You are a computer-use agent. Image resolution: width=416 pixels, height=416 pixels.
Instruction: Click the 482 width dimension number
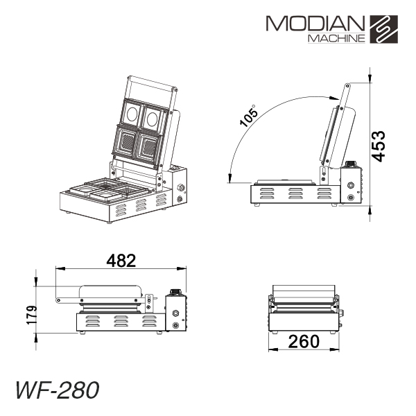tap(121, 261)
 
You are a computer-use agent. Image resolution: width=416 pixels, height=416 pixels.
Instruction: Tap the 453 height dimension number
tap(378, 146)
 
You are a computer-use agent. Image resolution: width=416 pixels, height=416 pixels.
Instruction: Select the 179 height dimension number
tap(32, 315)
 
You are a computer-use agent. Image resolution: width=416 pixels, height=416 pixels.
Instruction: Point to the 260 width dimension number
tap(304, 341)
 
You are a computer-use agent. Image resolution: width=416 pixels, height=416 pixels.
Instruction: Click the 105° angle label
tap(249, 116)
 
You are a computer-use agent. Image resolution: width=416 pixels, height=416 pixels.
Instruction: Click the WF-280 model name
tap(58, 390)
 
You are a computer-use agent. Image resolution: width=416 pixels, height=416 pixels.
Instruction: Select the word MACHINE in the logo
tap(336, 39)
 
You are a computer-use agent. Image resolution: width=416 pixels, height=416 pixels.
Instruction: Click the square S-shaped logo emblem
tap(384, 29)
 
